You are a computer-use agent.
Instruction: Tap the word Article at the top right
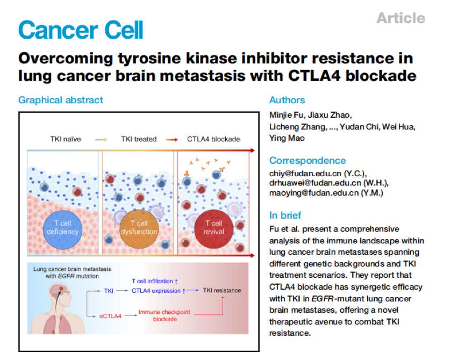click(400, 18)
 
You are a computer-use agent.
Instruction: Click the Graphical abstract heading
click(61, 100)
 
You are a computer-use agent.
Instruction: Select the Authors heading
click(287, 100)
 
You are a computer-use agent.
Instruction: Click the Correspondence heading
click(307, 160)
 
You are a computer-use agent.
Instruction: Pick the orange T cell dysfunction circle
click(139, 227)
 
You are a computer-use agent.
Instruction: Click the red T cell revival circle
click(213, 227)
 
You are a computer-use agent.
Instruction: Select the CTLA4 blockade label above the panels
click(213, 139)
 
